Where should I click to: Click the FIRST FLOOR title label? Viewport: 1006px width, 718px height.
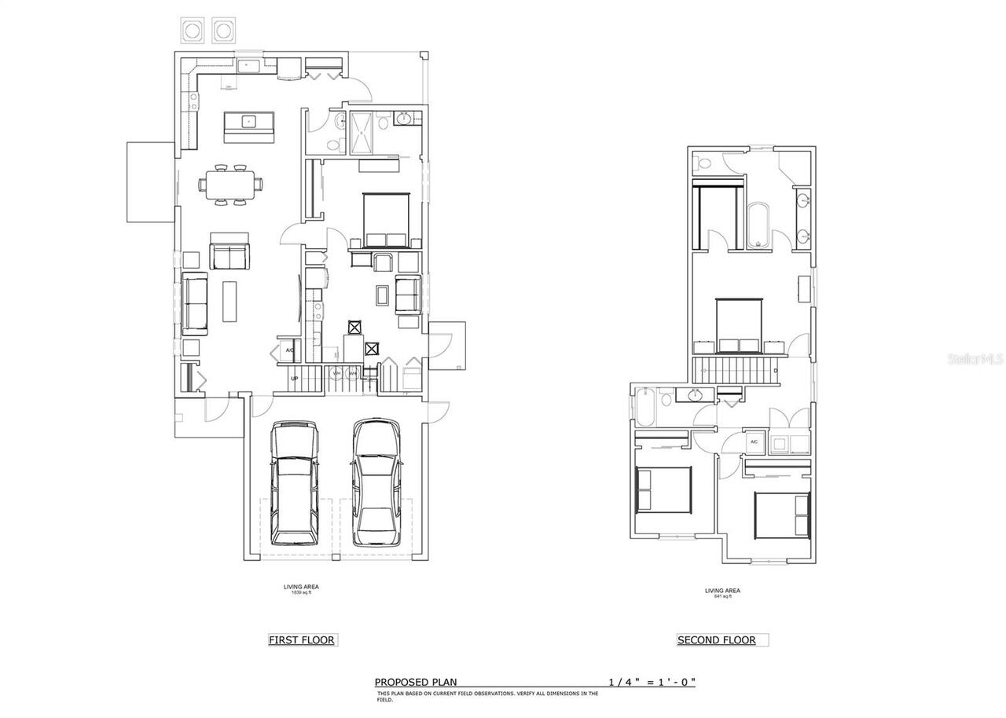pos(302,640)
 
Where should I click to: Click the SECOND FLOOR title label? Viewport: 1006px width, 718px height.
pos(716,640)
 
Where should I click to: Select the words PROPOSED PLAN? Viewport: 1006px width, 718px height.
pos(415,682)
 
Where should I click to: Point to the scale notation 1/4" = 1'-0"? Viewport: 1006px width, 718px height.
pos(652,682)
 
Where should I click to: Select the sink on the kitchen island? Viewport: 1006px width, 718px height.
pos(248,121)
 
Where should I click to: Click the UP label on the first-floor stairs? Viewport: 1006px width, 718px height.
pos(295,379)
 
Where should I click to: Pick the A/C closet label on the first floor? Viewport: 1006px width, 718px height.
pos(288,350)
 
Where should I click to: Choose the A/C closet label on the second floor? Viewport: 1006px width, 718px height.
pos(754,442)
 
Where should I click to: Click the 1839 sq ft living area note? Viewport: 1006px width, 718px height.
pos(301,590)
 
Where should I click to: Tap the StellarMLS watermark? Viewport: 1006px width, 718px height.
pos(975,358)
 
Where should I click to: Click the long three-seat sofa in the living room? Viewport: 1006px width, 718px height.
pos(194,304)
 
